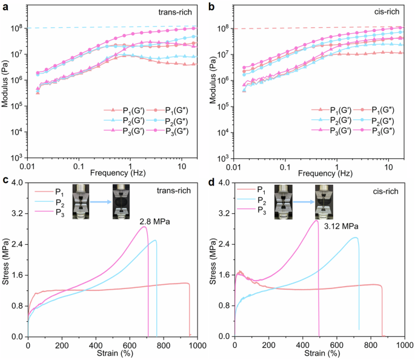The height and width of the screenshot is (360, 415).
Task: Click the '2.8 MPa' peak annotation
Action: [x=155, y=222]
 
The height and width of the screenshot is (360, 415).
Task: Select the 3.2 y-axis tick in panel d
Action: [x=223, y=214]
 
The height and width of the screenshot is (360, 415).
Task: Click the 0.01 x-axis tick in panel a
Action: [x=27, y=165]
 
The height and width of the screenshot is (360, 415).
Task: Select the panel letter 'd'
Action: [x=212, y=180]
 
